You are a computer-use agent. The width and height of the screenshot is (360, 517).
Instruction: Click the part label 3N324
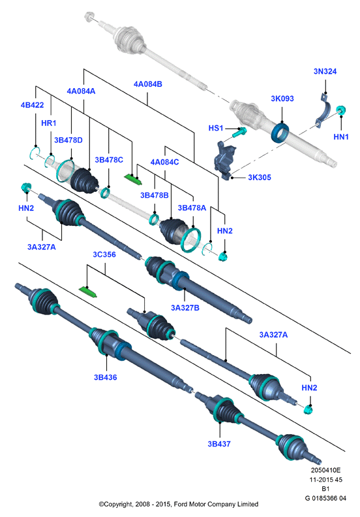click(325, 71)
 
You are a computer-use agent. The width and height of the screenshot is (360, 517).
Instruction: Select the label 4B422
click(32, 105)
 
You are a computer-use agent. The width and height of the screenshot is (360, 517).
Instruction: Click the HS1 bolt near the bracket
click(239, 132)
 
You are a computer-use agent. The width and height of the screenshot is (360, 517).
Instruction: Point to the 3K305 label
click(260, 178)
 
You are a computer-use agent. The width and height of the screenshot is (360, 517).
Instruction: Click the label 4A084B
click(148, 84)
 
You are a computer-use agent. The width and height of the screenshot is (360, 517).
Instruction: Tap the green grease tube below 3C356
click(88, 292)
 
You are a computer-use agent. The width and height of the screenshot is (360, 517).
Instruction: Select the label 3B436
click(106, 377)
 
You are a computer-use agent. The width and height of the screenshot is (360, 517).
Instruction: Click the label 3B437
click(219, 444)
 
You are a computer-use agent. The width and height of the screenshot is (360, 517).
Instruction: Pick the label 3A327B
click(185, 307)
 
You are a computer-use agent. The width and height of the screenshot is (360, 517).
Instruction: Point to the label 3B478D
click(68, 140)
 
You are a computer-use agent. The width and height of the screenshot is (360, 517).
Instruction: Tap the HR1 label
click(49, 123)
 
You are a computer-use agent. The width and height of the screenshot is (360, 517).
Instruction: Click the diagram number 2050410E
click(325, 470)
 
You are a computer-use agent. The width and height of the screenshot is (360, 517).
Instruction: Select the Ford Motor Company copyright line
click(179, 504)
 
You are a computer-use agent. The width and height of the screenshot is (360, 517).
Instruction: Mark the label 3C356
click(104, 255)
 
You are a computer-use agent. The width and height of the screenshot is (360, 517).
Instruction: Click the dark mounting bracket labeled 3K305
click(225, 160)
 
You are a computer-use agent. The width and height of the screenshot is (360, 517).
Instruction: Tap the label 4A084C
click(165, 163)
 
